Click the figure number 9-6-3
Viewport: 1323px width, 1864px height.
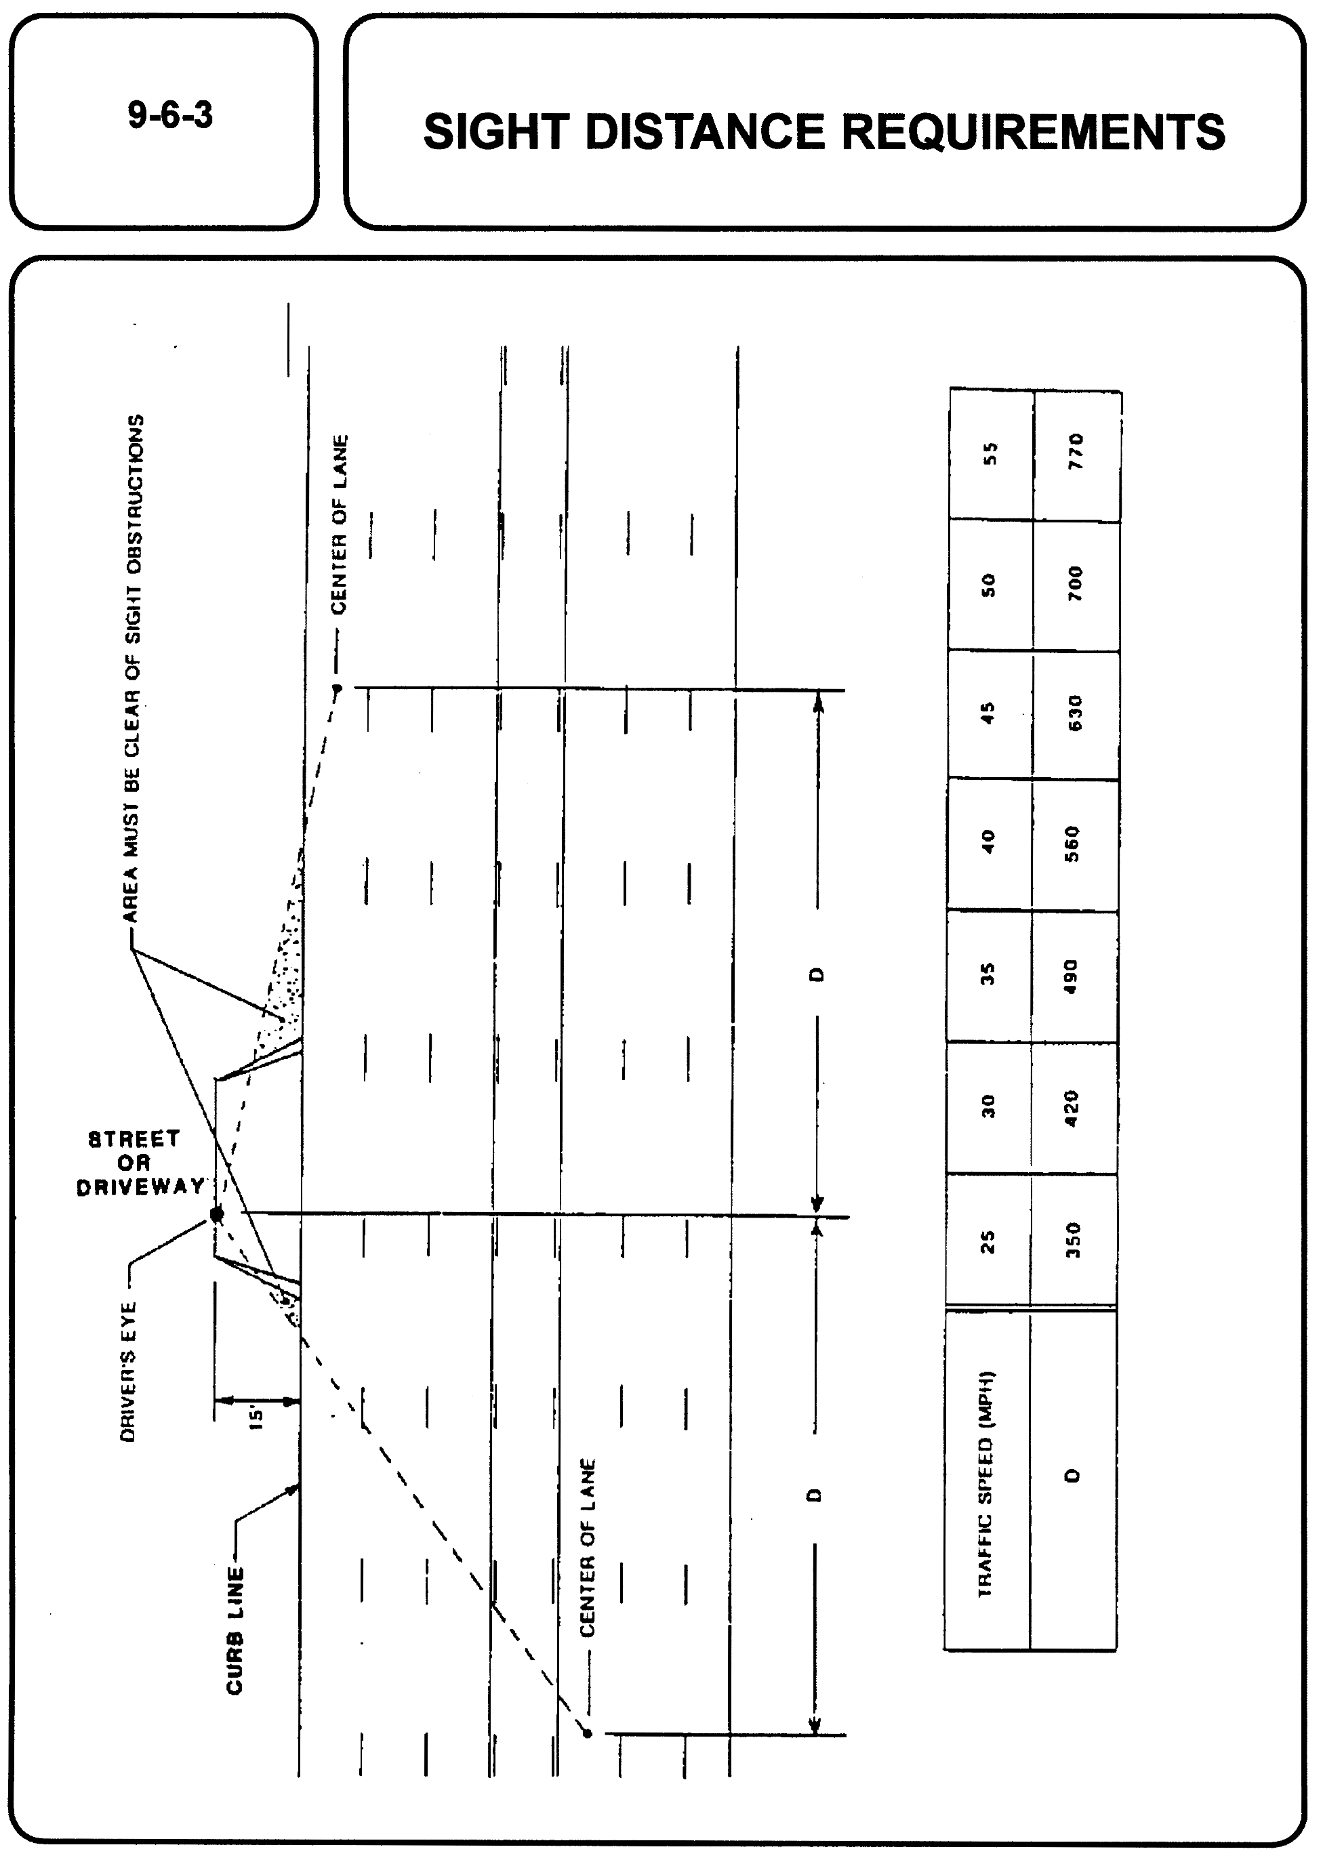click(170, 115)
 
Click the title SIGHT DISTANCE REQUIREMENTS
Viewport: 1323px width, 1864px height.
click(823, 132)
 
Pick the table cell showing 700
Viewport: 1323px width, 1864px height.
click(1076, 584)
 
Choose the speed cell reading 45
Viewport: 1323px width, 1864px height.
click(988, 713)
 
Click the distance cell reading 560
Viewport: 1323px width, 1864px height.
click(1073, 844)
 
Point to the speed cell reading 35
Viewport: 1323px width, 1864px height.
click(988, 975)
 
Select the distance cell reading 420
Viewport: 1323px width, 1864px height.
click(1072, 1107)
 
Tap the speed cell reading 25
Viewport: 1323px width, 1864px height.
click(987, 1241)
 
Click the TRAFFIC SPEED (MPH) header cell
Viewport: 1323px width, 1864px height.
click(985, 1484)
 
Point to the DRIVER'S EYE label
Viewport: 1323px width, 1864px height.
click(128, 1371)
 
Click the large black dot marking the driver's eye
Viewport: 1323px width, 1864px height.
click(217, 1215)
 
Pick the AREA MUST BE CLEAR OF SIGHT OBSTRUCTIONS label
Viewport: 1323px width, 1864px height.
click(134, 668)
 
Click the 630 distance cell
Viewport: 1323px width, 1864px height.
click(1074, 713)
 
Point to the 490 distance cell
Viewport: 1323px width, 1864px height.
click(1072, 976)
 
